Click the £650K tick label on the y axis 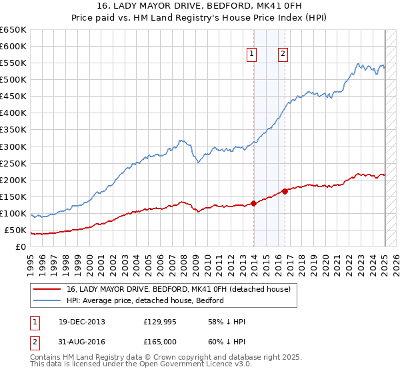pyautogui.click(x=14, y=30)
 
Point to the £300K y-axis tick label pyautogui.click(x=14, y=147)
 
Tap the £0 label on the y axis pyautogui.click(x=20, y=247)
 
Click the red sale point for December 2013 pyautogui.click(x=254, y=203)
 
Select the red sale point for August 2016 pyautogui.click(x=285, y=191)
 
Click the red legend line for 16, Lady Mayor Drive pyautogui.click(x=46, y=290)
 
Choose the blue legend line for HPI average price pyautogui.click(x=46, y=300)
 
